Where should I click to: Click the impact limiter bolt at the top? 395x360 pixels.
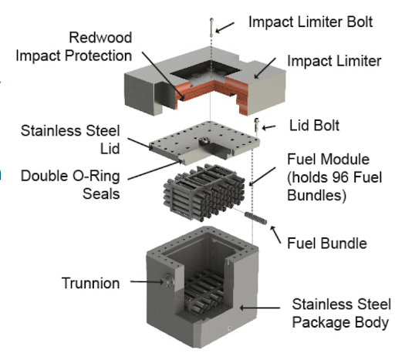coord(211,28)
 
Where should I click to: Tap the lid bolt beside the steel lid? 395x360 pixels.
coord(256,125)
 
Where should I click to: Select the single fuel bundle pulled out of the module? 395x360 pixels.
coord(255,218)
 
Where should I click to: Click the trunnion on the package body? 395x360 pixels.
coord(167,281)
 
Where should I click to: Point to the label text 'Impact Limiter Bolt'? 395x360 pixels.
coord(311,22)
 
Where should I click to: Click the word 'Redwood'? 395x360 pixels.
coord(100,38)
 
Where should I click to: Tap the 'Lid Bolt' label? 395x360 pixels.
coord(314,126)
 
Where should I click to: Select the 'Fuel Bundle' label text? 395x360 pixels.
coord(327,244)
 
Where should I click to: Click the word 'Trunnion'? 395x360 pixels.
coord(90,283)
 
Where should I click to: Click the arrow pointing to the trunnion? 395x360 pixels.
coord(147,282)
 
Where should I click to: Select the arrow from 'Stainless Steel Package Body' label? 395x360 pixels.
coord(260,308)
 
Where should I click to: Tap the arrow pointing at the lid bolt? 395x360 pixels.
coord(268,127)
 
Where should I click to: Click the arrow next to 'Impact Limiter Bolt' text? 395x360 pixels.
coord(225,28)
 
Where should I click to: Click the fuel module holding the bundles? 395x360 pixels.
coord(204,192)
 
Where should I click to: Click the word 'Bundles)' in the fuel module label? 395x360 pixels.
coord(316,196)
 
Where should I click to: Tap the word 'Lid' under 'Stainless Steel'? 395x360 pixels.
coord(110,149)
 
